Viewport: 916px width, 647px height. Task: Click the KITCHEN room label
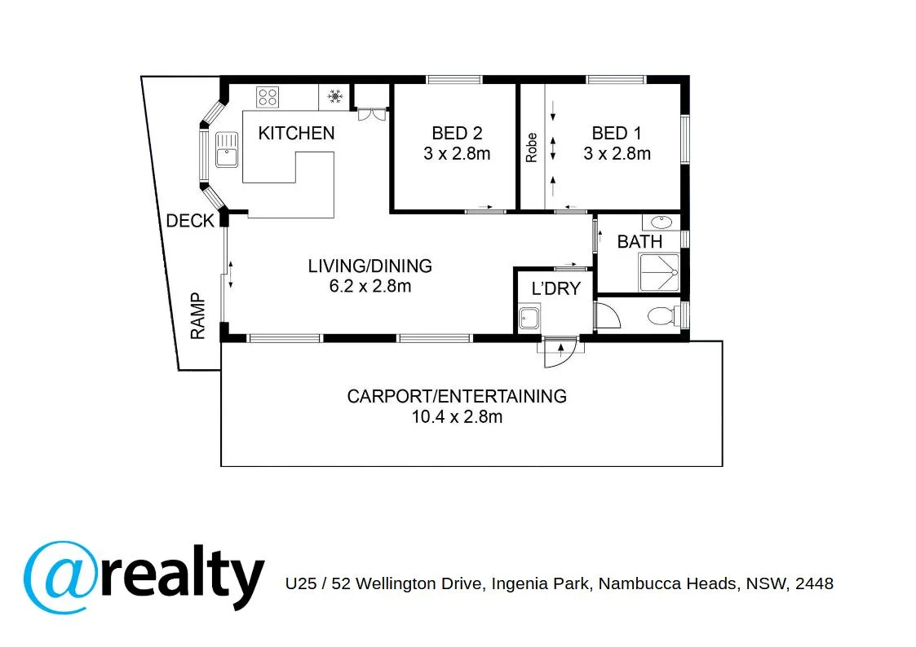point(296,133)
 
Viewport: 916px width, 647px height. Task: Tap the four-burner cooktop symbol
point(268,97)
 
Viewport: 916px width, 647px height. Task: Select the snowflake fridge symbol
point(334,97)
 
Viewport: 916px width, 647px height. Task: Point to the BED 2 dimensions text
point(457,153)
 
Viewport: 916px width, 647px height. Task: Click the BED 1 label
point(616,133)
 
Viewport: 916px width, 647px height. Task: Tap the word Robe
point(532,147)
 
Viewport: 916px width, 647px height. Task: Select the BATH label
point(639,242)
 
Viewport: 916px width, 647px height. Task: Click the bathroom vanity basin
point(661,222)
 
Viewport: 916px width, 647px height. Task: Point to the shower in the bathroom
point(659,273)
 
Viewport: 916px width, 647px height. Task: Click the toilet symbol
point(661,315)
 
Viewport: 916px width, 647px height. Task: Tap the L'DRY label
point(555,288)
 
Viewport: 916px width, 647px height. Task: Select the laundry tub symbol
point(529,318)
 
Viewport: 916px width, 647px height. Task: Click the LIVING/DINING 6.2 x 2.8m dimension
point(369,285)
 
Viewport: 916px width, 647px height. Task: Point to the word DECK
point(189,221)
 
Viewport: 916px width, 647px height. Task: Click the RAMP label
point(197,316)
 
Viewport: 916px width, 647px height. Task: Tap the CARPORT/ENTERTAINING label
point(457,397)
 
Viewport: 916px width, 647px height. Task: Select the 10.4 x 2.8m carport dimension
point(457,417)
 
